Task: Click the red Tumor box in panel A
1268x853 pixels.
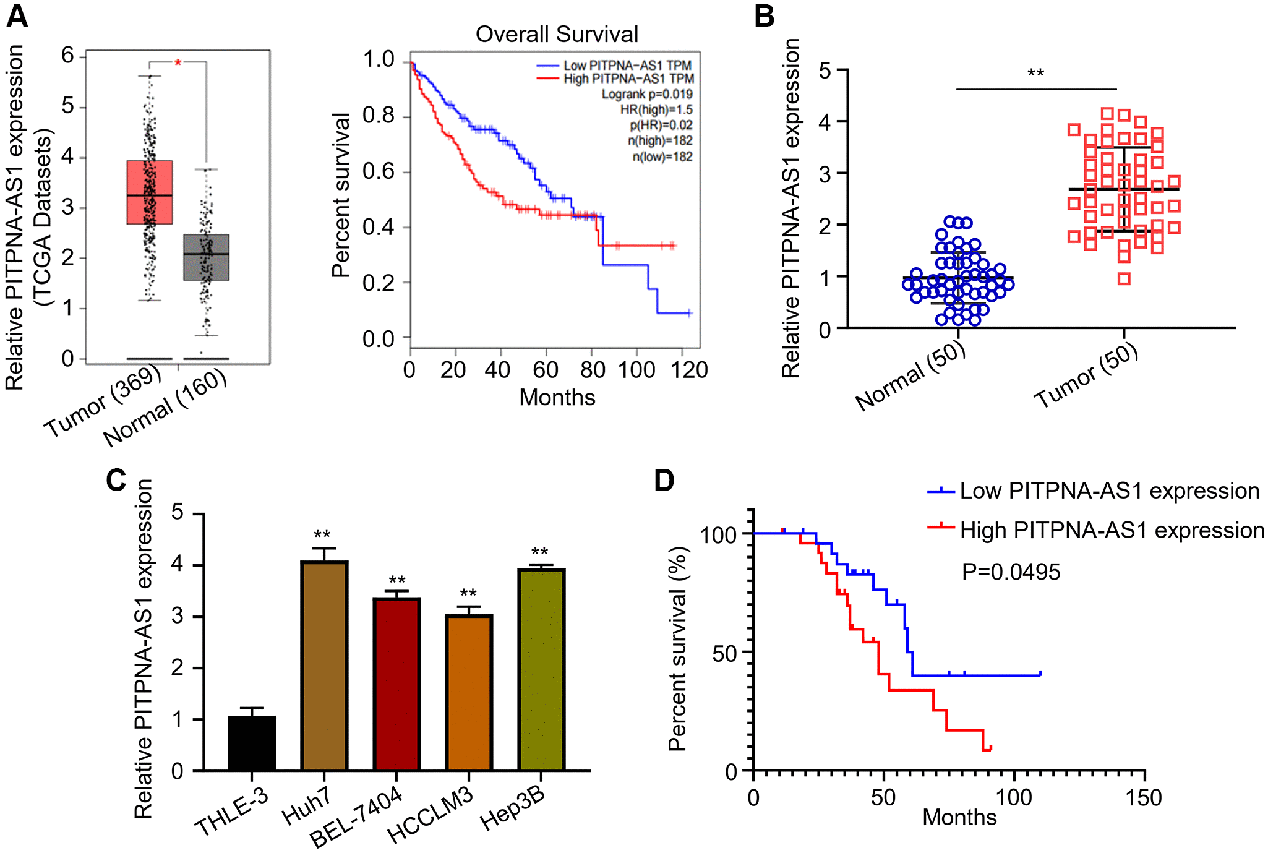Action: click(149, 192)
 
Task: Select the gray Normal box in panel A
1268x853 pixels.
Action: click(206, 257)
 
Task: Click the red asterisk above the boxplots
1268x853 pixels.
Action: click(178, 63)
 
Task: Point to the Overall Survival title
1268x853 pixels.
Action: click(557, 34)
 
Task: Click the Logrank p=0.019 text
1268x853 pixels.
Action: click(647, 94)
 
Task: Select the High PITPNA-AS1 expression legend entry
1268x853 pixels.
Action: click(1112, 531)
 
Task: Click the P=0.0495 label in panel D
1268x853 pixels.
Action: click(1011, 572)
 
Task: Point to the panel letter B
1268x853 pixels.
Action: click(765, 16)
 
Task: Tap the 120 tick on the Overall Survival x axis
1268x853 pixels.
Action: click(690, 370)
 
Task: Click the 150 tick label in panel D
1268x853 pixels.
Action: click(1144, 798)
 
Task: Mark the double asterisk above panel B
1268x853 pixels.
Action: click(1035, 74)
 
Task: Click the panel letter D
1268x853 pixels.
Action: click(664, 481)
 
